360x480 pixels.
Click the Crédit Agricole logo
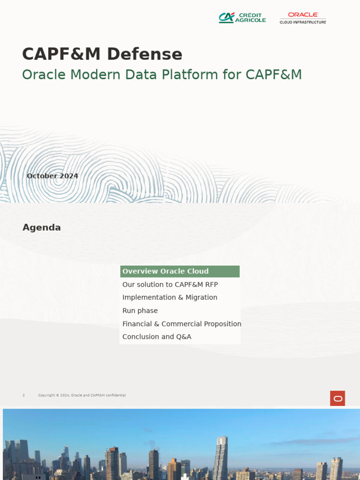click(x=242, y=18)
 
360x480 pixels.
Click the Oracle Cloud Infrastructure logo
click(x=303, y=18)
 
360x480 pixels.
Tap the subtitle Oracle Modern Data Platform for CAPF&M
click(x=162, y=75)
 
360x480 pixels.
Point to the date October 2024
click(x=52, y=176)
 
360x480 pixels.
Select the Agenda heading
click(x=42, y=228)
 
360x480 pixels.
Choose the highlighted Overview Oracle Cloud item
click(x=165, y=271)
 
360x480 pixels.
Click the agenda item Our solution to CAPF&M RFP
click(x=170, y=285)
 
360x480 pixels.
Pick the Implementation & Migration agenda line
click(x=170, y=298)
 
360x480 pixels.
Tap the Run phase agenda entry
click(x=140, y=311)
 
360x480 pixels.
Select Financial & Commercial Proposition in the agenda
click(x=181, y=324)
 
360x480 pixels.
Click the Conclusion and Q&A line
click(x=157, y=337)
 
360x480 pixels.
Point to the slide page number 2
click(x=23, y=396)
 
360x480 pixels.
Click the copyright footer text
click(x=82, y=396)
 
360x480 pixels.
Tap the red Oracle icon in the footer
click(x=337, y=398)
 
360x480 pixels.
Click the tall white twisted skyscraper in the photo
click(x=220, y=457)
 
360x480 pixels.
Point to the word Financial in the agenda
click(x=136, y=324)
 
